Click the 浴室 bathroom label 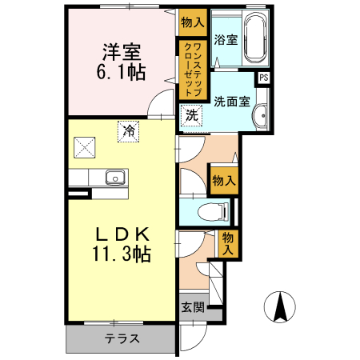[x=225, y=40]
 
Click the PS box [x=263, y=78]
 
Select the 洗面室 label [x=232, y=102]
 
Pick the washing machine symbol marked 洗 [x=192, y=115]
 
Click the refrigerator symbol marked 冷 [x=128, y=130]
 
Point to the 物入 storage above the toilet [x=223, y=180]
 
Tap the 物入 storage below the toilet [x=228, y=242]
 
